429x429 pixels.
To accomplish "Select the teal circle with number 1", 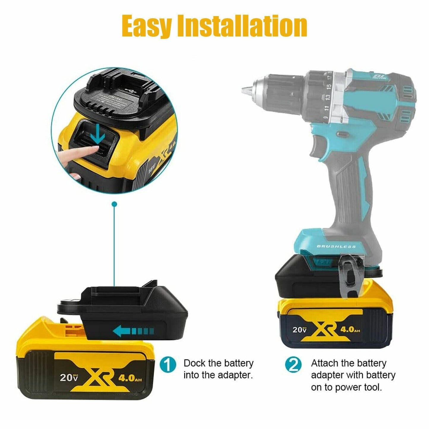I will [x=168, y=365].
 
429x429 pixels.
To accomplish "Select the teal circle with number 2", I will [x=293, y=365].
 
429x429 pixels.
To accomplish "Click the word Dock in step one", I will [x=195, y=363].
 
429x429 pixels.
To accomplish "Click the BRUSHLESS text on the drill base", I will [x=336, y=246].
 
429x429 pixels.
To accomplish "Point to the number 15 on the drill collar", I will [x=328, y=87].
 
